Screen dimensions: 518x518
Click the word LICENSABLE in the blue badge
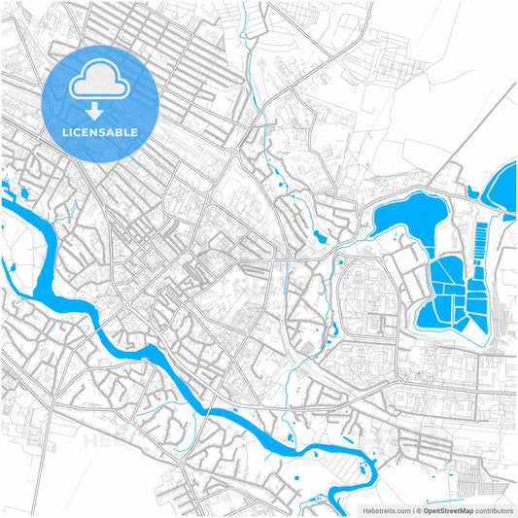tap(100, 131)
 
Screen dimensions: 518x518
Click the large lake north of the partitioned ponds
tap(408, 219)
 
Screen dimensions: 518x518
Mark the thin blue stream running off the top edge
tap(250, 68)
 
